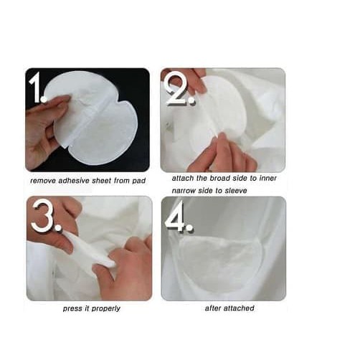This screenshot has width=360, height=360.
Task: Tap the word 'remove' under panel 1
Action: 43,181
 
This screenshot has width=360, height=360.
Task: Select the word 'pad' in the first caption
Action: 138,181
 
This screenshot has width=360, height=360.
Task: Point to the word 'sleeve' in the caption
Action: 235,191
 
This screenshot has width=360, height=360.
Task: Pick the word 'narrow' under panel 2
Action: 184,191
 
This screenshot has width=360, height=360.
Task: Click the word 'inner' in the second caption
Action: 267,179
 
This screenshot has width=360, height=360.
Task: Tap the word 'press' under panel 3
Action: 72,309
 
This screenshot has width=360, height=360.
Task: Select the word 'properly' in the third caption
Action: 106,309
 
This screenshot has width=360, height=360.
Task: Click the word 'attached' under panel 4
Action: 240,308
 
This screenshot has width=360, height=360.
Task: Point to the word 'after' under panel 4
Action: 213,308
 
